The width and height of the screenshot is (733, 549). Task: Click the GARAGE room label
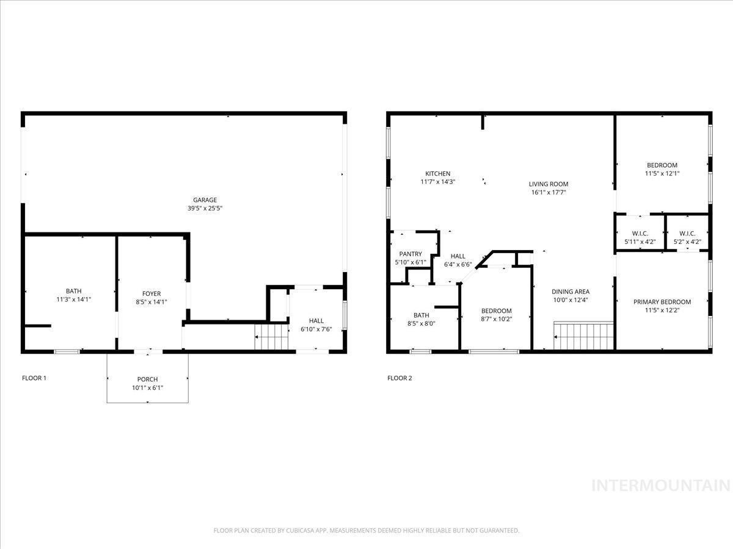205,200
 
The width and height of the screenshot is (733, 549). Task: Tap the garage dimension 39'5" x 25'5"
205,209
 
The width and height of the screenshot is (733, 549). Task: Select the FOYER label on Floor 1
151,293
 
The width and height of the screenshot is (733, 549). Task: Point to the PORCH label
147,379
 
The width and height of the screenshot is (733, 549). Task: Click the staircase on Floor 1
271,337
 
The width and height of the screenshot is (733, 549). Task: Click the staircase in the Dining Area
583,335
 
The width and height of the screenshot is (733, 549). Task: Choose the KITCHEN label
437,174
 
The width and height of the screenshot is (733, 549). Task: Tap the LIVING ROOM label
549,184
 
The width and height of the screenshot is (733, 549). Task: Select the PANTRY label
410,254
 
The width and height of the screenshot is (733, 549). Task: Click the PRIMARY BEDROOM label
662,302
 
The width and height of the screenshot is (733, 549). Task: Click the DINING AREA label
571,292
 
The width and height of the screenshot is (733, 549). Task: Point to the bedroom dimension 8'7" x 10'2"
496,319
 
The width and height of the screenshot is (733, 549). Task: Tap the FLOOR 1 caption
34,378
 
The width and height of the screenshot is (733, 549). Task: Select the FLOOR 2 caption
399,378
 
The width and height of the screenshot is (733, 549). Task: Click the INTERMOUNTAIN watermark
661,486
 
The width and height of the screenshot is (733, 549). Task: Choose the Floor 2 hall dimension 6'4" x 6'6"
458,265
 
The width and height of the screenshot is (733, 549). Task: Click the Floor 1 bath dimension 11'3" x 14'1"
73,300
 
